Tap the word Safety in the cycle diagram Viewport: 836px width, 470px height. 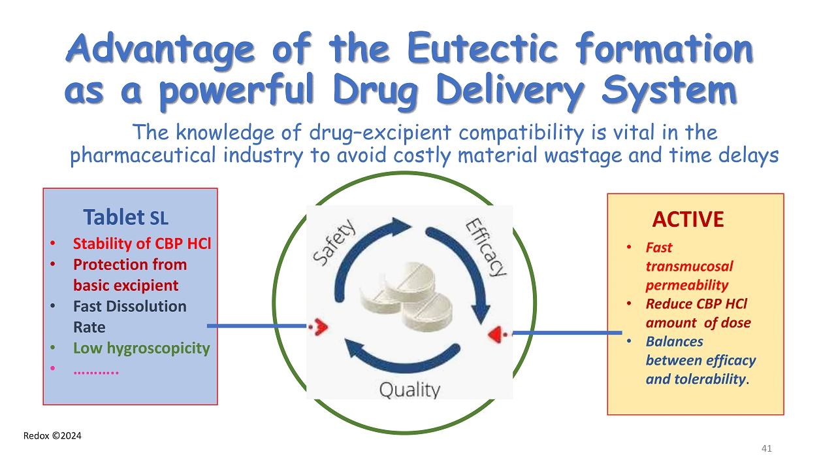[x=334, y=242]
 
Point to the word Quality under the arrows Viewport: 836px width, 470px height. [x=410, y=390]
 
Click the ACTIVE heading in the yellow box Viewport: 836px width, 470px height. [x=688, y=220]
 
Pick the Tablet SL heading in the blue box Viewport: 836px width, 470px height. [x=125, y=216]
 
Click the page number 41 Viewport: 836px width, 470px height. [x=767, y=448]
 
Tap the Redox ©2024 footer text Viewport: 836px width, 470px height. [x=52, y=435]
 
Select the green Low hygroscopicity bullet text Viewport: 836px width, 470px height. [x=141, y=348]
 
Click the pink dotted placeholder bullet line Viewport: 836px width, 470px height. [x=96, y=370]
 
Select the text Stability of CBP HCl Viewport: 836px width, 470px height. [x=142, y=244]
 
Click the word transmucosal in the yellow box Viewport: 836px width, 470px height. [x=689, y=266]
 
